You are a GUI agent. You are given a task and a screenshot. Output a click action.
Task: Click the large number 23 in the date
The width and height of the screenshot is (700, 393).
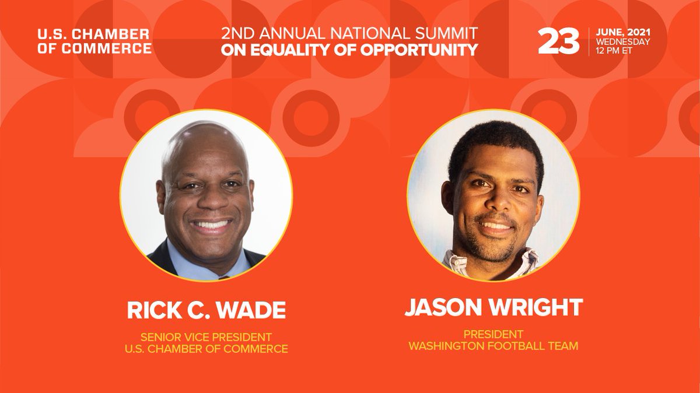(x=558, y=41)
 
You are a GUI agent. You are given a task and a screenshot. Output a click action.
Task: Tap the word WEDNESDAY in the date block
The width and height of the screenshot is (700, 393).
(x=623, y=42)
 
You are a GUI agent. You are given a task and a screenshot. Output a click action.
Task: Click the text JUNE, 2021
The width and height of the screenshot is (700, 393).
(x=623, y=32)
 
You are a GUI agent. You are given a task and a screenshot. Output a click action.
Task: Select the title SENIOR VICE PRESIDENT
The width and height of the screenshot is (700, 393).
(x=206, y=337)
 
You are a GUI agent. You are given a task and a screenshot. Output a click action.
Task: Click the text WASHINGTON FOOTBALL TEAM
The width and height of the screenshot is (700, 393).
(x=493, y=346)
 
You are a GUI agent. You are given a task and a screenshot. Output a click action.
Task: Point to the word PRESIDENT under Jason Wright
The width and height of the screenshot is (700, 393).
(x=493, y=334)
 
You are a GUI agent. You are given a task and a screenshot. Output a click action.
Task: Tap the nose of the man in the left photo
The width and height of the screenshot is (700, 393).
(x=207, y=201)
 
